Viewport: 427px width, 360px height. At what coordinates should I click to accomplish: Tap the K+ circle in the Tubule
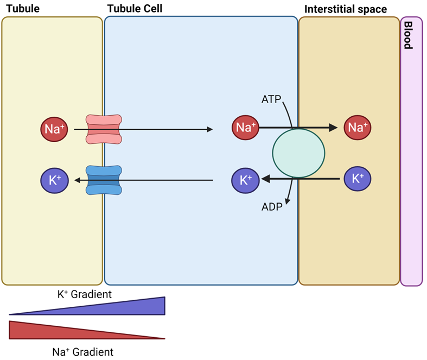pyautogui.click(x=54, y=180)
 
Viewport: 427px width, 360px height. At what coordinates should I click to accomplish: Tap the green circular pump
pyautogui.click(x=298, y=154)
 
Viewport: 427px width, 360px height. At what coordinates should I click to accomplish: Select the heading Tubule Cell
pyautogui.click(x=135, y=9)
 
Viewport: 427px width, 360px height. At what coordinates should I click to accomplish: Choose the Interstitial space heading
pyautogui.click(x=346, y=9)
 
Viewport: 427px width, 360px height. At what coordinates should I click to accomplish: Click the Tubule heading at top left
pyautogui.click(x=23, y=9)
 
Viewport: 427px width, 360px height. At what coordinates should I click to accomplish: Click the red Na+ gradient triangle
pyautogui.click(x=43, y=329)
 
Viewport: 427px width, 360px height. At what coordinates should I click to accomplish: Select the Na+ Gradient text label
pyautogui.click(x=83, y=352)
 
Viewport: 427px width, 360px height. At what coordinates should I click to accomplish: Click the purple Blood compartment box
pyautogui.click(x=411, y=163)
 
